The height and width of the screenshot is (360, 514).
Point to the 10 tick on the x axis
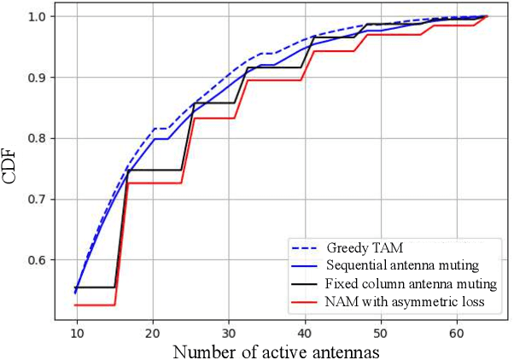click(77, 329)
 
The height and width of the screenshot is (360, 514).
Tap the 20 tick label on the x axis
click(153, 329)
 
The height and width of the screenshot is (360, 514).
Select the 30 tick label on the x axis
click(229, 329)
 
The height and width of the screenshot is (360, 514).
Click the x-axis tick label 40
click(305, 329)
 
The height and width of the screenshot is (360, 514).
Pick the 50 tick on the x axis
click(381, 329)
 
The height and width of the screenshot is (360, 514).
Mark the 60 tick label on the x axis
click(457, 329)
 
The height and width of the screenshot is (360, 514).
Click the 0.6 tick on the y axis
click(40, 260)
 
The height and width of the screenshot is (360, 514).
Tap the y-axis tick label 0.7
click(40, 200)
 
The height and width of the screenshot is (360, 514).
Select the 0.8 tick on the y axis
click(40, 138)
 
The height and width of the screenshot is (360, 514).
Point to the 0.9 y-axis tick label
click(40, 78)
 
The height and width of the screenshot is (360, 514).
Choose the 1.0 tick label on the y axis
click(40, 16)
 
